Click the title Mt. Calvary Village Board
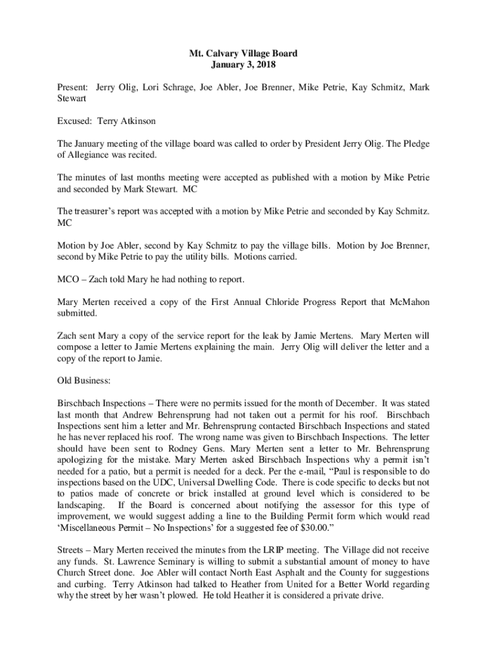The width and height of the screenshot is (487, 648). coord(244,54)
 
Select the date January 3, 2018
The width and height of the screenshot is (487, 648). coord(244,65)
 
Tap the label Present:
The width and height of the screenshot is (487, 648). coord(73,87)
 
